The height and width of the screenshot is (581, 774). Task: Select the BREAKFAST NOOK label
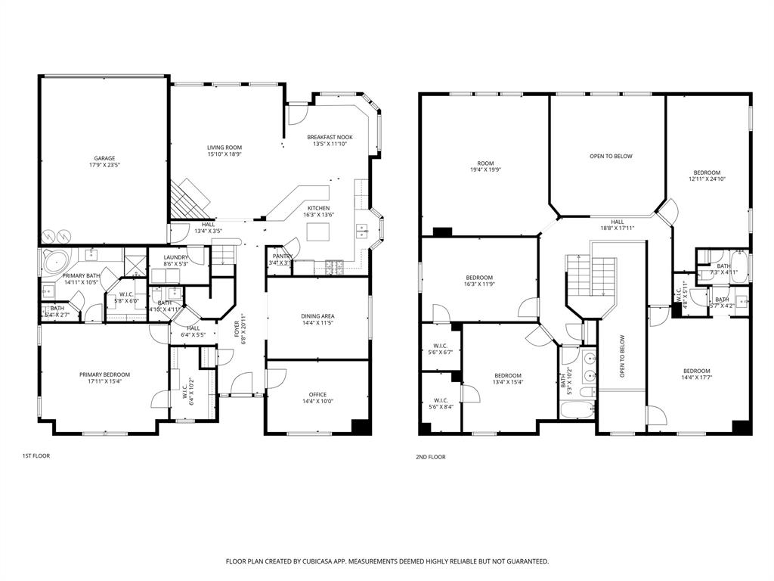point(330,140)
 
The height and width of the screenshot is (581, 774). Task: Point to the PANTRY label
point(282,256)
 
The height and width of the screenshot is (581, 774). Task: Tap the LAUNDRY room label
point(176,260)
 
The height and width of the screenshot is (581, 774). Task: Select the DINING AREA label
point(317,319)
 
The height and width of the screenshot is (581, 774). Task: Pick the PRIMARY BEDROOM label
point(104,377)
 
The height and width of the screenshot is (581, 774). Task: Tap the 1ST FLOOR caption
point(36,456)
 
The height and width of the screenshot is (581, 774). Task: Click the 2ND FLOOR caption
point(431,457)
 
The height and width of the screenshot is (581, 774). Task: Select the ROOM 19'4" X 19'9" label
point(485,166)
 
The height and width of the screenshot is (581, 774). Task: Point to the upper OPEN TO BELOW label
point(611,156)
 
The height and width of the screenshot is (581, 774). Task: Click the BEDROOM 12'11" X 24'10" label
point(707,176)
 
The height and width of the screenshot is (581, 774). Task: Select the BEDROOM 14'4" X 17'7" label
point(696,374)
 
